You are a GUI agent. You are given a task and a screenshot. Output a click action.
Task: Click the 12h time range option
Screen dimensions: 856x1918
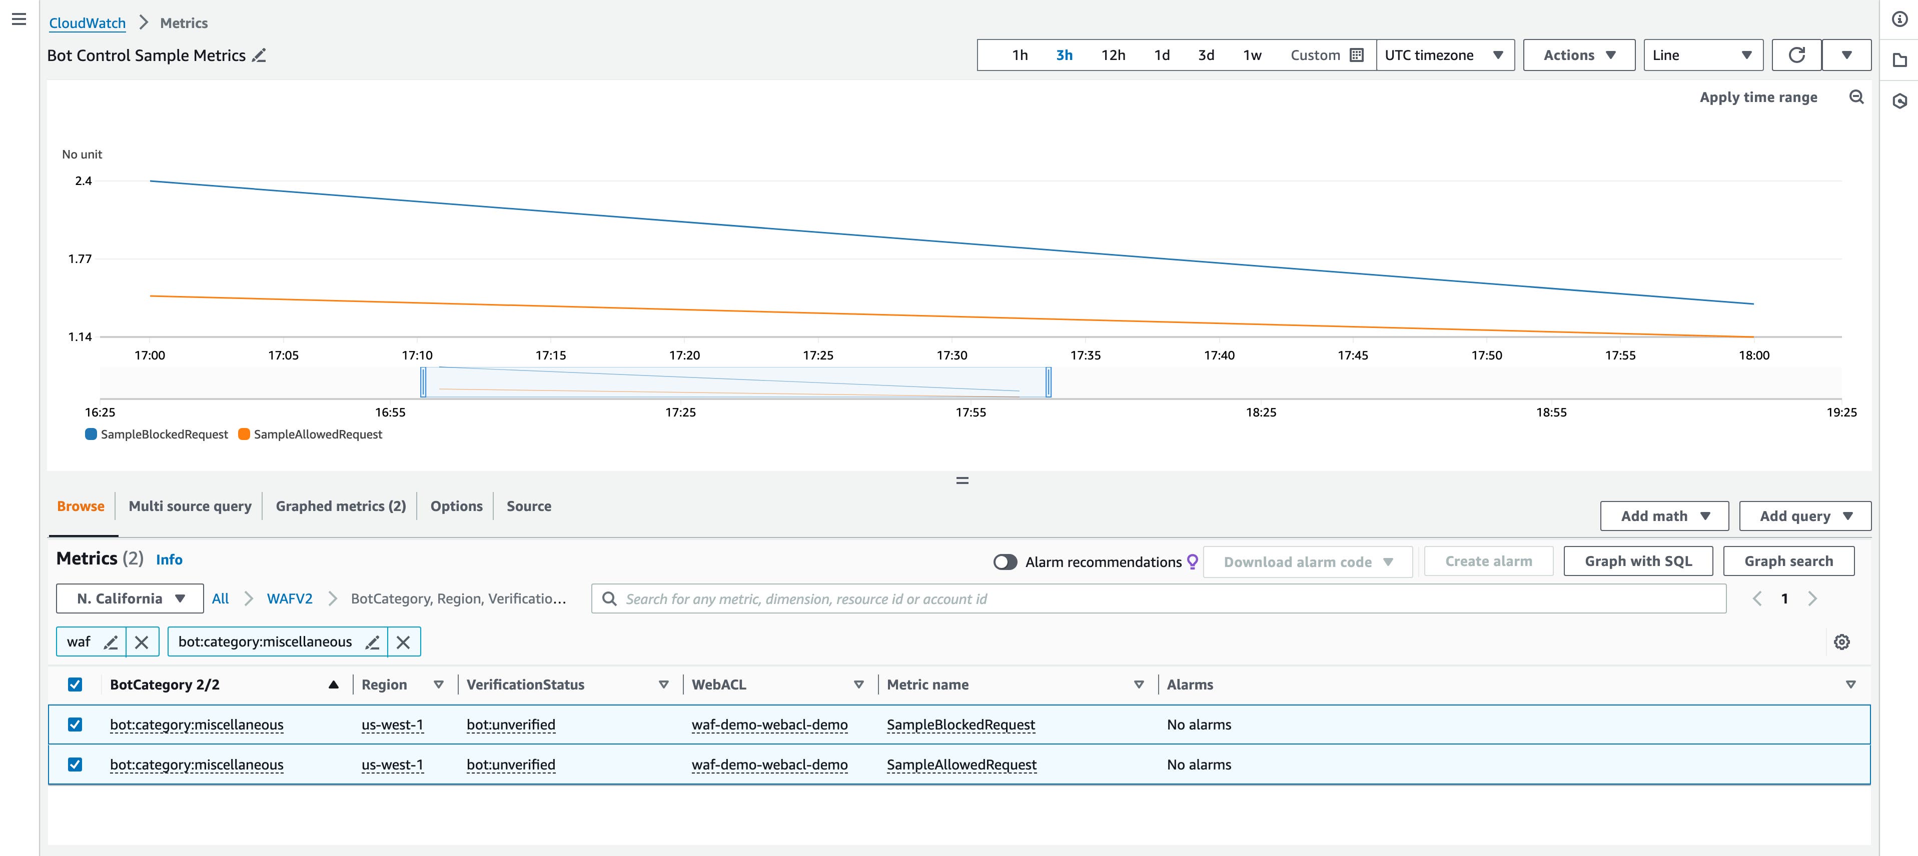1113,55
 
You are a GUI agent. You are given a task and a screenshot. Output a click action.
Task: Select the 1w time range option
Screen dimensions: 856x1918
1252,55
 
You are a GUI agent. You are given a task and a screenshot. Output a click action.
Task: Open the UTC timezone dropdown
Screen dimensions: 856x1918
1444,55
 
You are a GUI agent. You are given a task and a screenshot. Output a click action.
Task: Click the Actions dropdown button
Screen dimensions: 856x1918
1578,55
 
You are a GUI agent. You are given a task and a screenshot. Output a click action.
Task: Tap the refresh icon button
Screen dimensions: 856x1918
1796,55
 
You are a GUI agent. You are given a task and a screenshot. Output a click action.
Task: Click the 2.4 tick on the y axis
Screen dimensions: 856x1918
84,181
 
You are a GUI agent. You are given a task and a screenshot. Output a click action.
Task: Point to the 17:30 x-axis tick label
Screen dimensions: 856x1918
951,355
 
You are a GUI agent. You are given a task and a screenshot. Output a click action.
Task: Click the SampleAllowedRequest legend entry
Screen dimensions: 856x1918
317,434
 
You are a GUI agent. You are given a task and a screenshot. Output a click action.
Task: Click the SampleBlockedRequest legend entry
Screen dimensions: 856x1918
164,434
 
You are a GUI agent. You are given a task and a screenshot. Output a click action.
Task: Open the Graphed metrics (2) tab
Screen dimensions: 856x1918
340,506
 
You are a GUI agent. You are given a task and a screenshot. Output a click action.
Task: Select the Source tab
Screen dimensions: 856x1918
529,506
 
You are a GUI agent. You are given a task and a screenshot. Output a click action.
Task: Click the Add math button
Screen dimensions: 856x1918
1663,516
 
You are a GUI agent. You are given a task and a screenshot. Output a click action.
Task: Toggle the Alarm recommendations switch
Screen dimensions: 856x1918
1005,562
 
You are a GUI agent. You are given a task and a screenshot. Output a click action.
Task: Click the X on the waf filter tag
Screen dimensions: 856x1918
142,641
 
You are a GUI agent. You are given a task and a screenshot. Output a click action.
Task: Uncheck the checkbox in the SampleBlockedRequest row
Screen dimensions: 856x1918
75,724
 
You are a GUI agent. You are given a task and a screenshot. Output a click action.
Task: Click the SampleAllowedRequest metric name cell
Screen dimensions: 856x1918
961,764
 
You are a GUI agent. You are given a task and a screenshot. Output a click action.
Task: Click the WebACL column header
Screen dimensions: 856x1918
718,685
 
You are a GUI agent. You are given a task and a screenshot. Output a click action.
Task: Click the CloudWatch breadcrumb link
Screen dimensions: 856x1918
87,23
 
